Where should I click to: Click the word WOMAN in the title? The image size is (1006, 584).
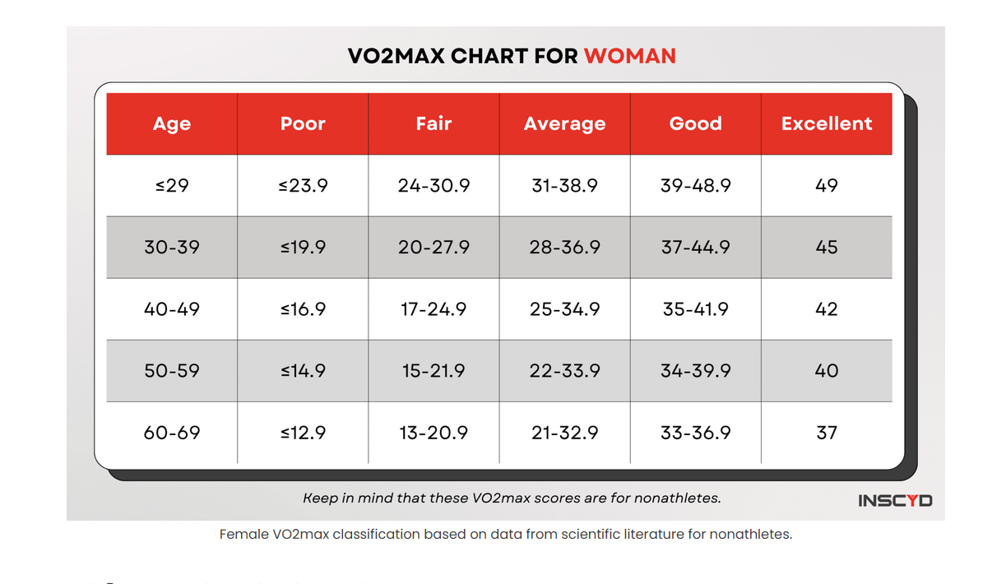pos(629,56)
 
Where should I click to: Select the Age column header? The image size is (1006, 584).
pos(172,123)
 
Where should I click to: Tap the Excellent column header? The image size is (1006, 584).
pos(827,123)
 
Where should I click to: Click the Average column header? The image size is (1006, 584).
pos(564,123)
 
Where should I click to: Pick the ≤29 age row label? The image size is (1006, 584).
pos(172,186)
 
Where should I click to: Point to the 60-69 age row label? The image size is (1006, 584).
pos(172,433)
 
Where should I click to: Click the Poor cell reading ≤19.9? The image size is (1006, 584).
pos(303,248)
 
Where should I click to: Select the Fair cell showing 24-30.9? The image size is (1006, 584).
pos(433,186)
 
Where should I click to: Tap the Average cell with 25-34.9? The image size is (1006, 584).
pos(564,309)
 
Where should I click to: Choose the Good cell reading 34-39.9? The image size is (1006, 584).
pos(695,371)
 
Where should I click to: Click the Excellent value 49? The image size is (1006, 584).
pos(827,186)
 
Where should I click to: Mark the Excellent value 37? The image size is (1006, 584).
pos(827,433)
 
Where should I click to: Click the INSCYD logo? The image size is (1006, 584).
pos(895,500)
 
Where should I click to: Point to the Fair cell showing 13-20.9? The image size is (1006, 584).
pos(433,433)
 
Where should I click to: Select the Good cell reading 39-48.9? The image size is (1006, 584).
pos(695,186)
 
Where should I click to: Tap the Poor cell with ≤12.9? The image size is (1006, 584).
pos(303,433)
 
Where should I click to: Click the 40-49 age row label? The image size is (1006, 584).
pos(172,309)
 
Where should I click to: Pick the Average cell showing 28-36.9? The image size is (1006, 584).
pos(564,248)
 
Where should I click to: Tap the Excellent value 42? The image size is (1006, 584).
pos(827,309)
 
